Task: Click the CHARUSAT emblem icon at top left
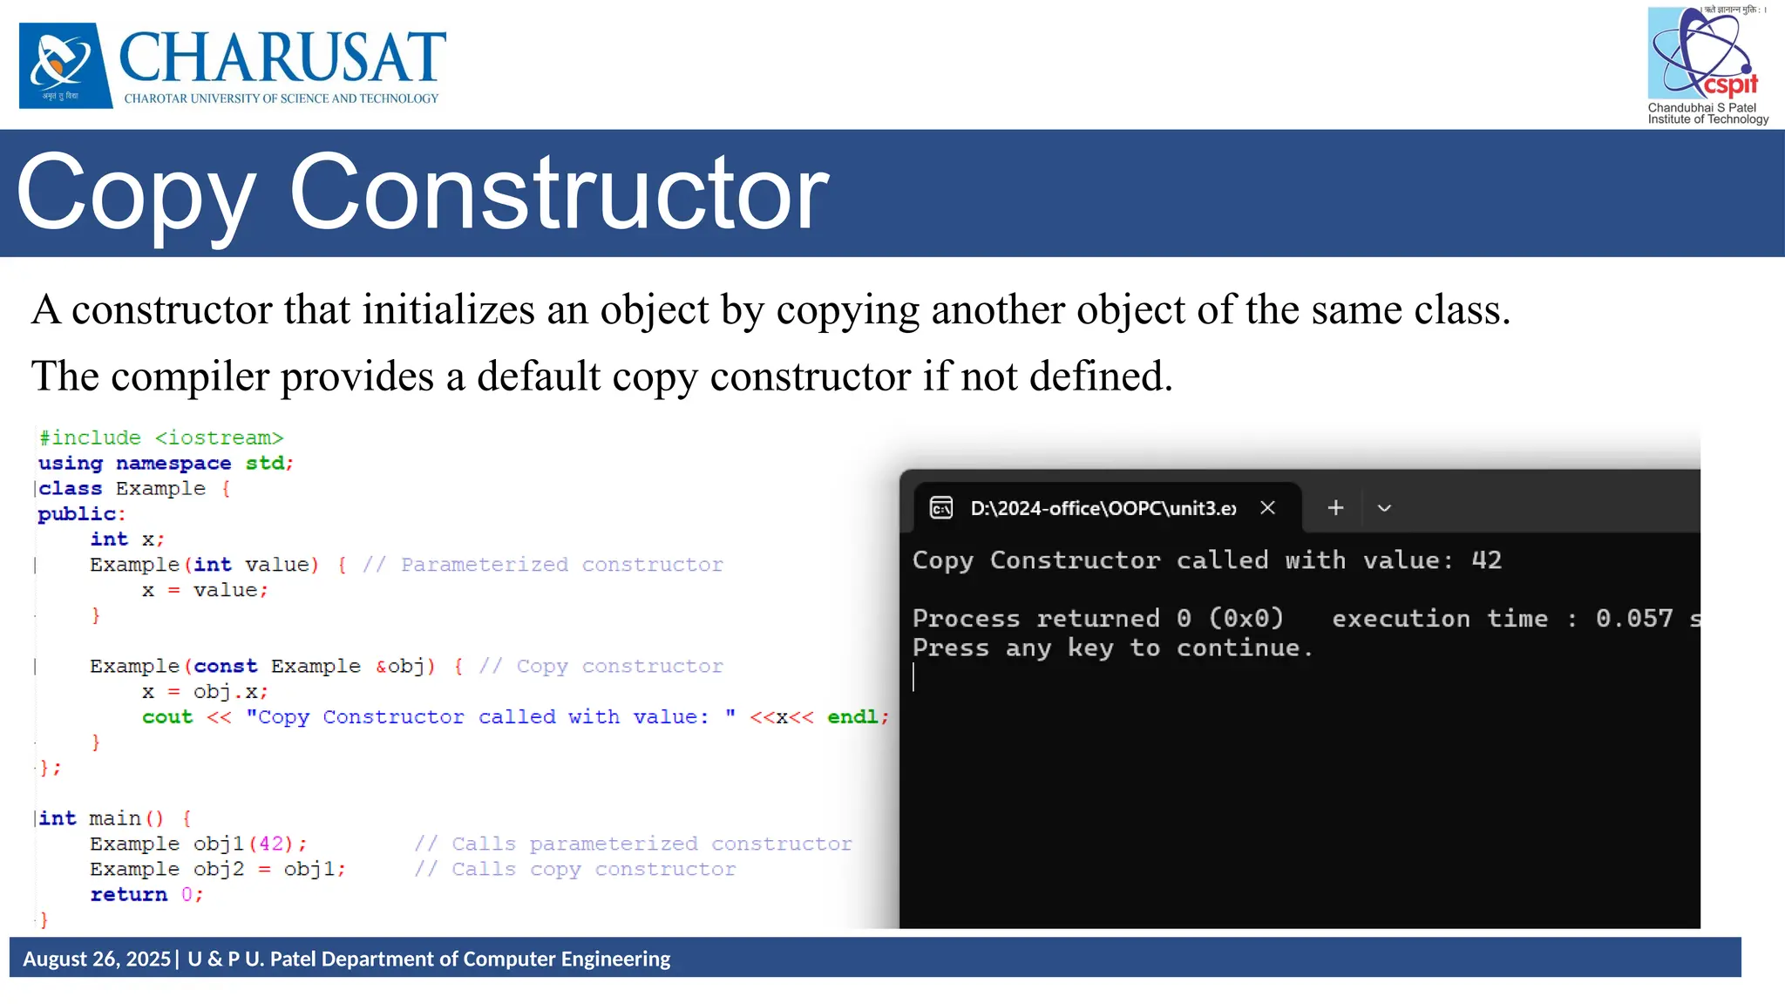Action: (65, 65)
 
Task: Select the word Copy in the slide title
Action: (136, 193)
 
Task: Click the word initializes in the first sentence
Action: (448, 310)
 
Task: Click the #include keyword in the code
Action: (90, 438)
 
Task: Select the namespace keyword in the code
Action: (173, 463)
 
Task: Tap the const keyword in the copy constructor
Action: (225, 666)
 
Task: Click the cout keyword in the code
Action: (167, 716)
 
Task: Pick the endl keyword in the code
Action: (852, 716)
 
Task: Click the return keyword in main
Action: (128, 894)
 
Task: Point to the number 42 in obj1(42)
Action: (271, 844)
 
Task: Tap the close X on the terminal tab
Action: (1268, 507)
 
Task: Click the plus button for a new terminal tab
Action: (1335, 507)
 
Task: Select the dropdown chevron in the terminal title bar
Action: (1384, 508)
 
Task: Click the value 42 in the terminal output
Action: (1486, 560)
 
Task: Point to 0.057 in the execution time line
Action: (1634, 619)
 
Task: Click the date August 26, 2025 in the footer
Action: (97, 959)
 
